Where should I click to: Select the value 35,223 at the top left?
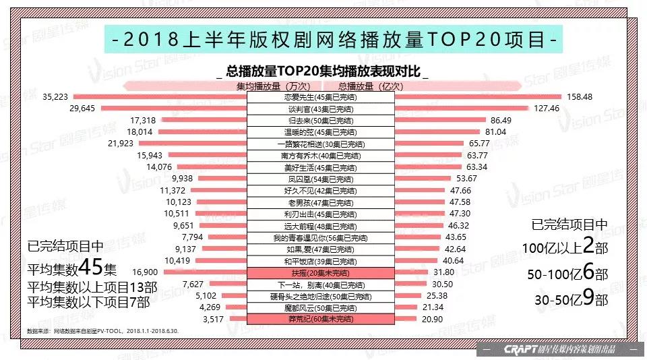[x=55, y=97]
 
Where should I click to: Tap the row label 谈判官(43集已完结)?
[x=319, y=109]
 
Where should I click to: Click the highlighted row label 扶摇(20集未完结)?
[x=319, y=272]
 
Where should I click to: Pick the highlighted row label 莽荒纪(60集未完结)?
[x=319, y=318]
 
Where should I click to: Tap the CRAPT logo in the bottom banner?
[x=519, y=349]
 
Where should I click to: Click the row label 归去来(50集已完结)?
[x=319, y=120]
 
